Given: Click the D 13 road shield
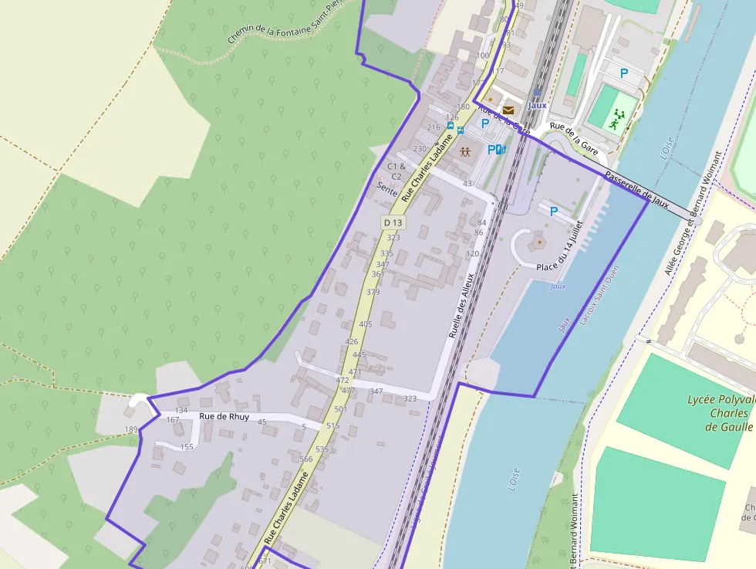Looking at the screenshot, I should (x=393, y=222).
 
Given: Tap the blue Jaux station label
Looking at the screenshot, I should (x=538, y=106).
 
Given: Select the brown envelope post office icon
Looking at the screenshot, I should (x=508, y=110).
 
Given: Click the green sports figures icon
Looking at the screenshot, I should (x=616, y=119).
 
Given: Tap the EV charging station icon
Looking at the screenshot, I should (x=500, y=150).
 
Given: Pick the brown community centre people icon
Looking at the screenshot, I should (x=464, y=151).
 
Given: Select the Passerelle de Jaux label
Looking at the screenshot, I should (x=636, y=189).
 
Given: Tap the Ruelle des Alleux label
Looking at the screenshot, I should (x=461, y=307).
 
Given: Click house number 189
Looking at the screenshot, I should (x=130, y=430).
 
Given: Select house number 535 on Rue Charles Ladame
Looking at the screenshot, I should (x=322, y=449).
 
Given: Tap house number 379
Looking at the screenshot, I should (x=373, y=292).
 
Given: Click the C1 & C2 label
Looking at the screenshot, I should (x=396, y=171).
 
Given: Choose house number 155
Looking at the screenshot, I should (x=187, y=447).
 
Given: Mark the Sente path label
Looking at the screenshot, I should (x=386, y=188).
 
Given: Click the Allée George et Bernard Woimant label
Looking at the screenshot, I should (x=686, y=224).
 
